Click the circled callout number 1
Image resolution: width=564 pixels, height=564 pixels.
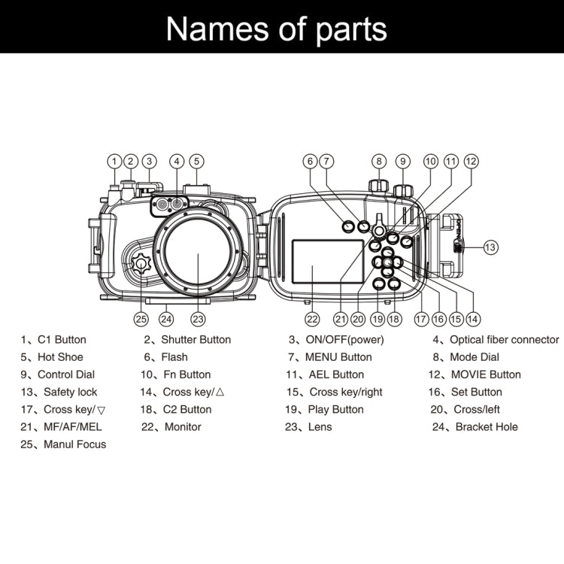coord(114,161)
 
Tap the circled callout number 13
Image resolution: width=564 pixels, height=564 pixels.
coord(490,246)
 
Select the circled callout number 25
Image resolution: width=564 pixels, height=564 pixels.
coord(141,318)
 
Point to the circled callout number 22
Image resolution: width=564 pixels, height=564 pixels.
coord(312,318)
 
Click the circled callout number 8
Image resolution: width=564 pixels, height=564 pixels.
coord(379,161)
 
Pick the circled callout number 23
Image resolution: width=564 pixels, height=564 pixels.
coord(198,318)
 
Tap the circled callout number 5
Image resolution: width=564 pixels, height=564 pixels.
coord(196,161)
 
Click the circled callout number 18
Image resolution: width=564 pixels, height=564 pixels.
coord(394,318)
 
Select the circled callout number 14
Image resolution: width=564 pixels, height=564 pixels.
coord(473,318)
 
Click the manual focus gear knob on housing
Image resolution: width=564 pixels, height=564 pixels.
coord(141,265)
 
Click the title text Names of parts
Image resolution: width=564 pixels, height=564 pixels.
coord(277,29)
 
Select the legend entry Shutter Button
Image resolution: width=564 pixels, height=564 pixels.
coord(196,340)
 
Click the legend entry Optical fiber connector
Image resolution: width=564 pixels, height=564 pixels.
coord(504,340)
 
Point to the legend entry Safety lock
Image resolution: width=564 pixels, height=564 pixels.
coord(70,392)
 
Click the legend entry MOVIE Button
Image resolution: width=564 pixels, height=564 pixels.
coord(485,374)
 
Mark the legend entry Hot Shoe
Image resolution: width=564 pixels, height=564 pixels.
coord(60,357)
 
